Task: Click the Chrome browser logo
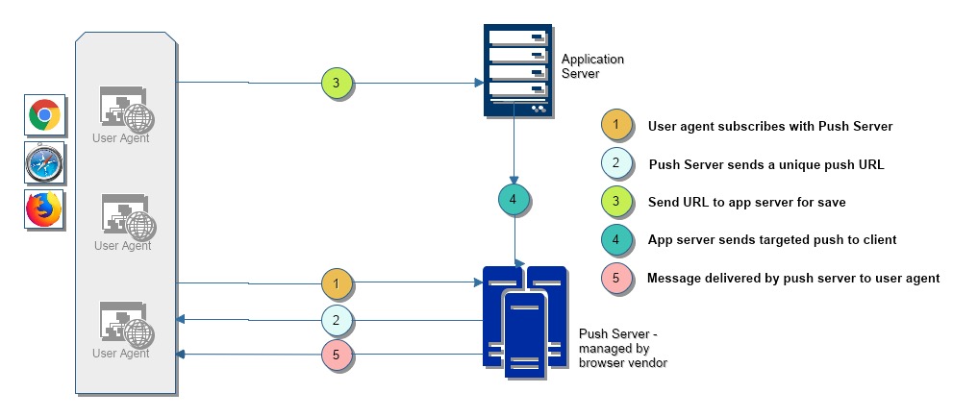(x=44, y=115)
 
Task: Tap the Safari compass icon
(x=44, y=162)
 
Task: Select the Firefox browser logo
(x=44, y=209)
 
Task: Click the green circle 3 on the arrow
(x=337, y=84)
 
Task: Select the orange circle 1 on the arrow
(x=337, y=283)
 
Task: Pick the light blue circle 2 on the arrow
(x=337, y=320)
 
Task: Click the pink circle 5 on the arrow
(x=337, y=356)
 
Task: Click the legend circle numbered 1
(x=615, y=126)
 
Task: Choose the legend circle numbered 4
(x=615, y=239)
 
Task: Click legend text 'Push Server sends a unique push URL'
(x=765, y=164)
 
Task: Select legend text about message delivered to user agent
(x=793, y=278)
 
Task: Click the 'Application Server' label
(x=592, y=66)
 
